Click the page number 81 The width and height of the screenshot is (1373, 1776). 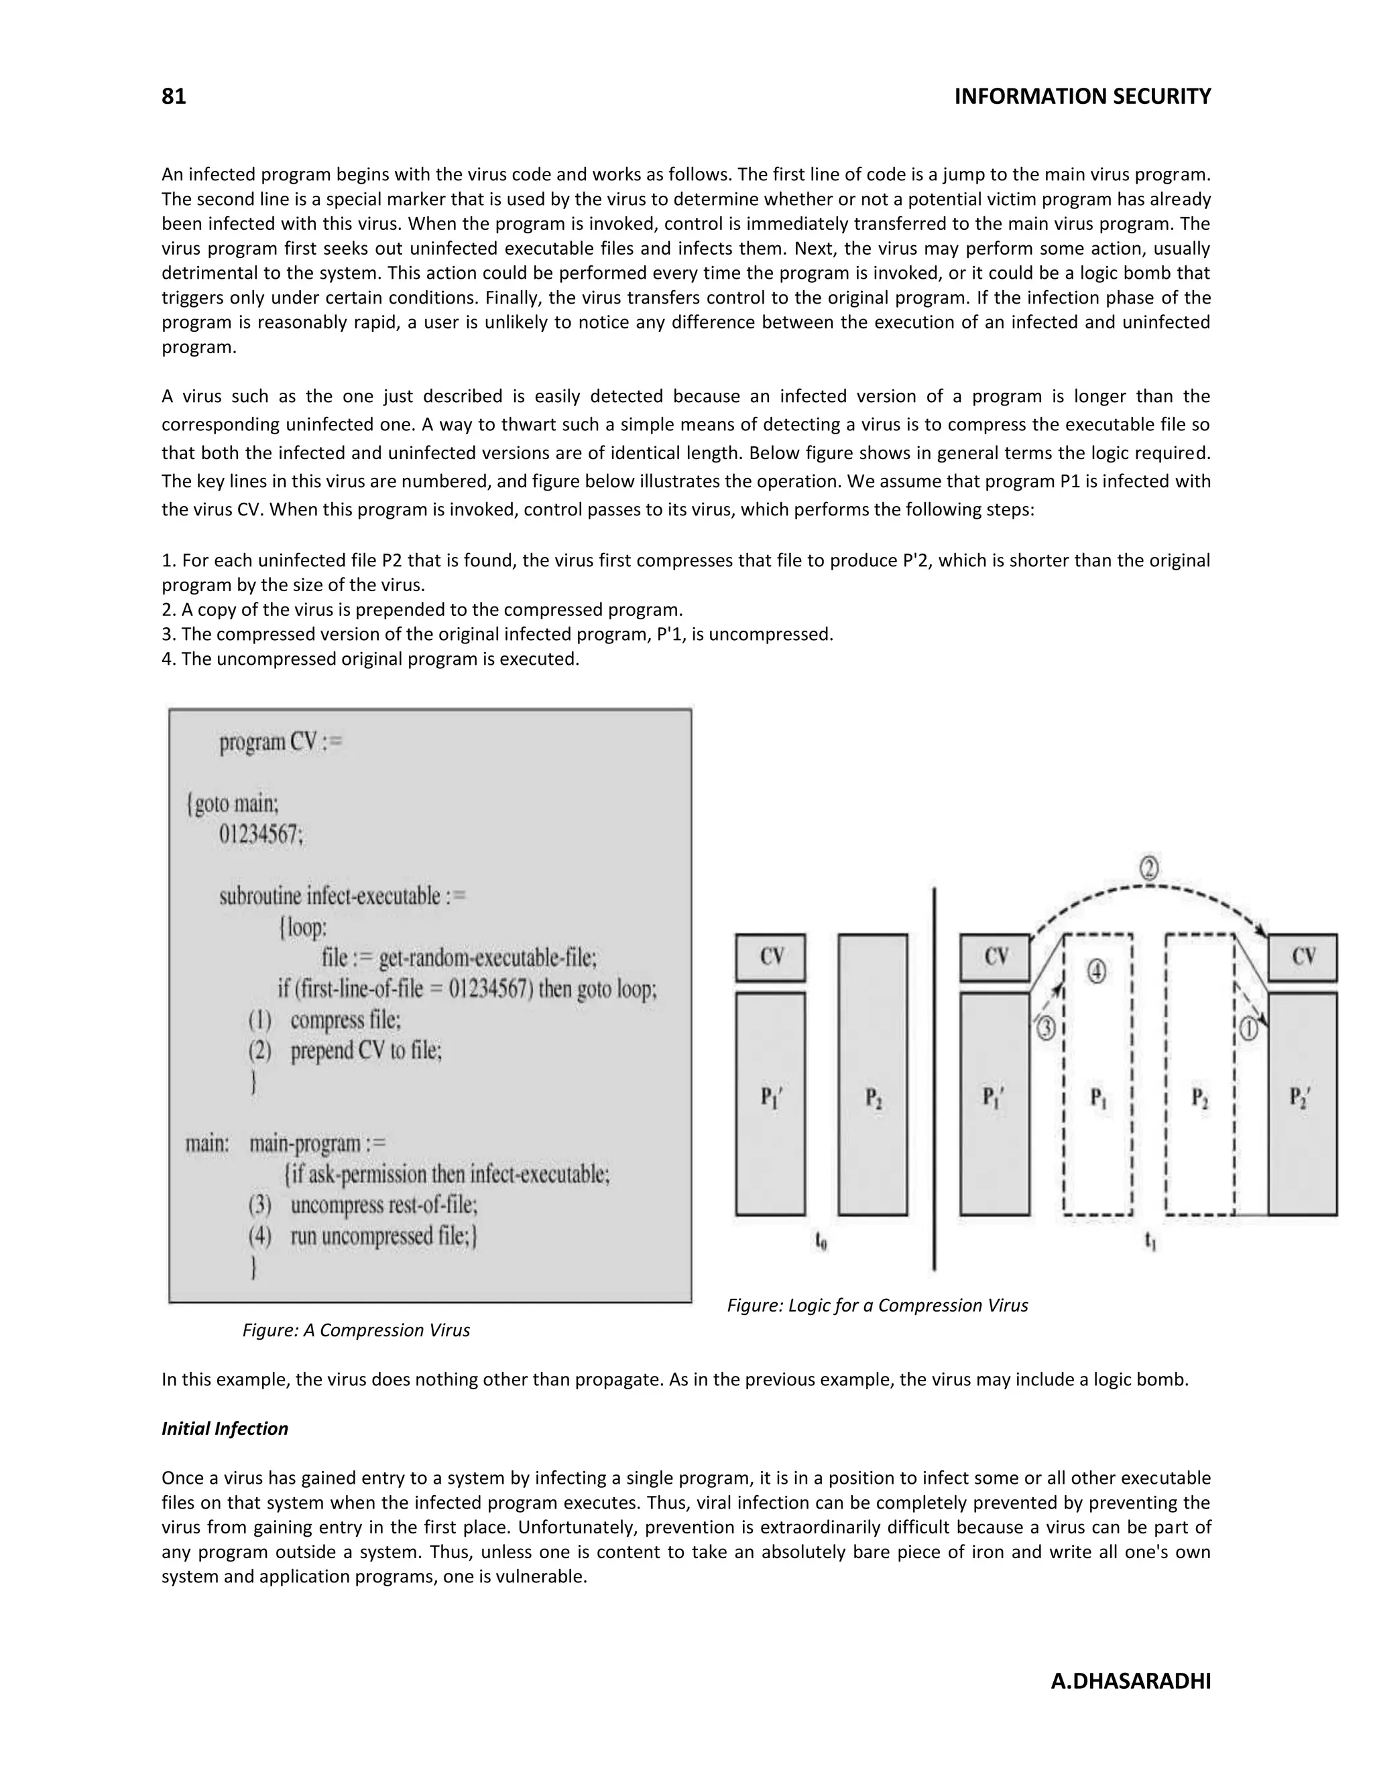174,97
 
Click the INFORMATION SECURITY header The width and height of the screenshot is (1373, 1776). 1082,97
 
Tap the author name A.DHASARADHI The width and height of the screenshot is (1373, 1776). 1130,1681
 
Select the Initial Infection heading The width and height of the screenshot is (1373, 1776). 225,1429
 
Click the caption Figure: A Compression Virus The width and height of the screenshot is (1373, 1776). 355,1330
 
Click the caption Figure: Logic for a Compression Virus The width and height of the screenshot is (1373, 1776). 877,1305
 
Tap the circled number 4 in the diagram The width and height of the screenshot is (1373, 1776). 1096,972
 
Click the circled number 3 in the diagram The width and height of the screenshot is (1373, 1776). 1046,1029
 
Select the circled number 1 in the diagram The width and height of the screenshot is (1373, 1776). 1248,1030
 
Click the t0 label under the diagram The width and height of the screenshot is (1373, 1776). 821,1241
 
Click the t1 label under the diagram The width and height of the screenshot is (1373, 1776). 1150,1241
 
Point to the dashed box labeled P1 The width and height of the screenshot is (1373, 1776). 1098,1098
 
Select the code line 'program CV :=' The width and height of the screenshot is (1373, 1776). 281,743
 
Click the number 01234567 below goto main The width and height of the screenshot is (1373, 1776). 260,835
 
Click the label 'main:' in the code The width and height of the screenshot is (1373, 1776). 207,1143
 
